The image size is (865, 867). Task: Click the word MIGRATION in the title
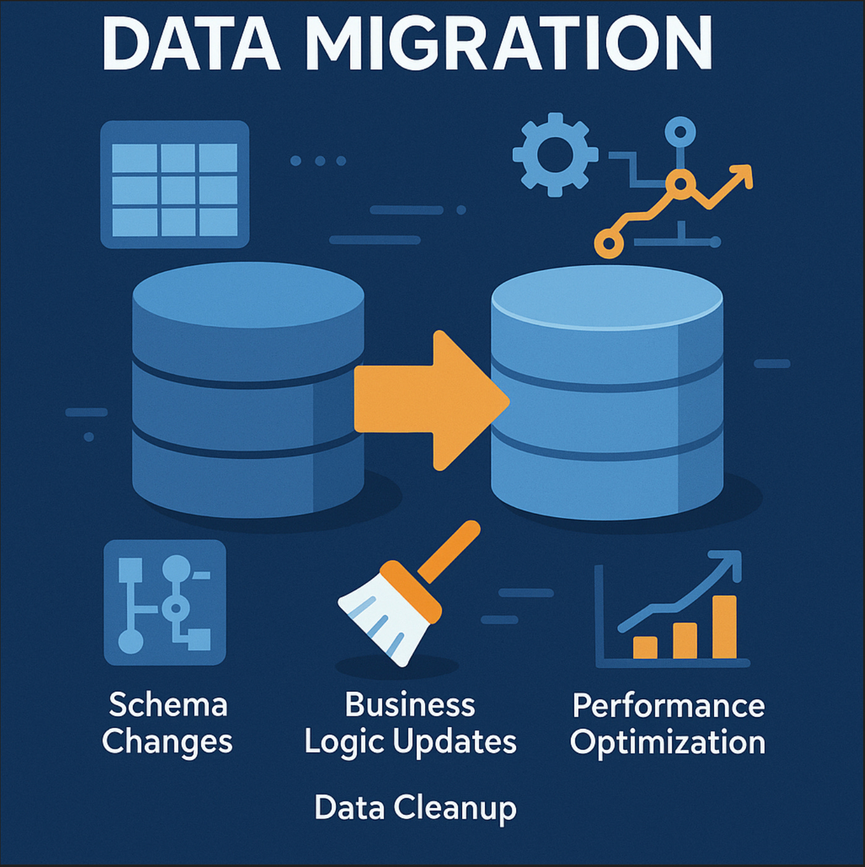tap(509, 44)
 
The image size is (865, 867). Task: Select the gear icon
tap(555, 154)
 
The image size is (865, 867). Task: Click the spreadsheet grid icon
tap(174, 185)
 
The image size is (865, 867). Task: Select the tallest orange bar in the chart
tap(724, 627)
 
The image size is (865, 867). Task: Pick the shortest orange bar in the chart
tap(645, 647)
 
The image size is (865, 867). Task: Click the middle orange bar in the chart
tap(684, 640)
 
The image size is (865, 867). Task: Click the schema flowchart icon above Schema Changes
tap(165, 603)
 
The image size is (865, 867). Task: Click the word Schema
tap(168, 705)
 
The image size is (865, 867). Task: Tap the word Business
tap(410, 705)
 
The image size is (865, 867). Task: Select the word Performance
tap(668, 705)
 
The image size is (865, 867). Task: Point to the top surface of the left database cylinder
tap(248, 295)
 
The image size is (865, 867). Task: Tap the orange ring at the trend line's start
tap(609, 244)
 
